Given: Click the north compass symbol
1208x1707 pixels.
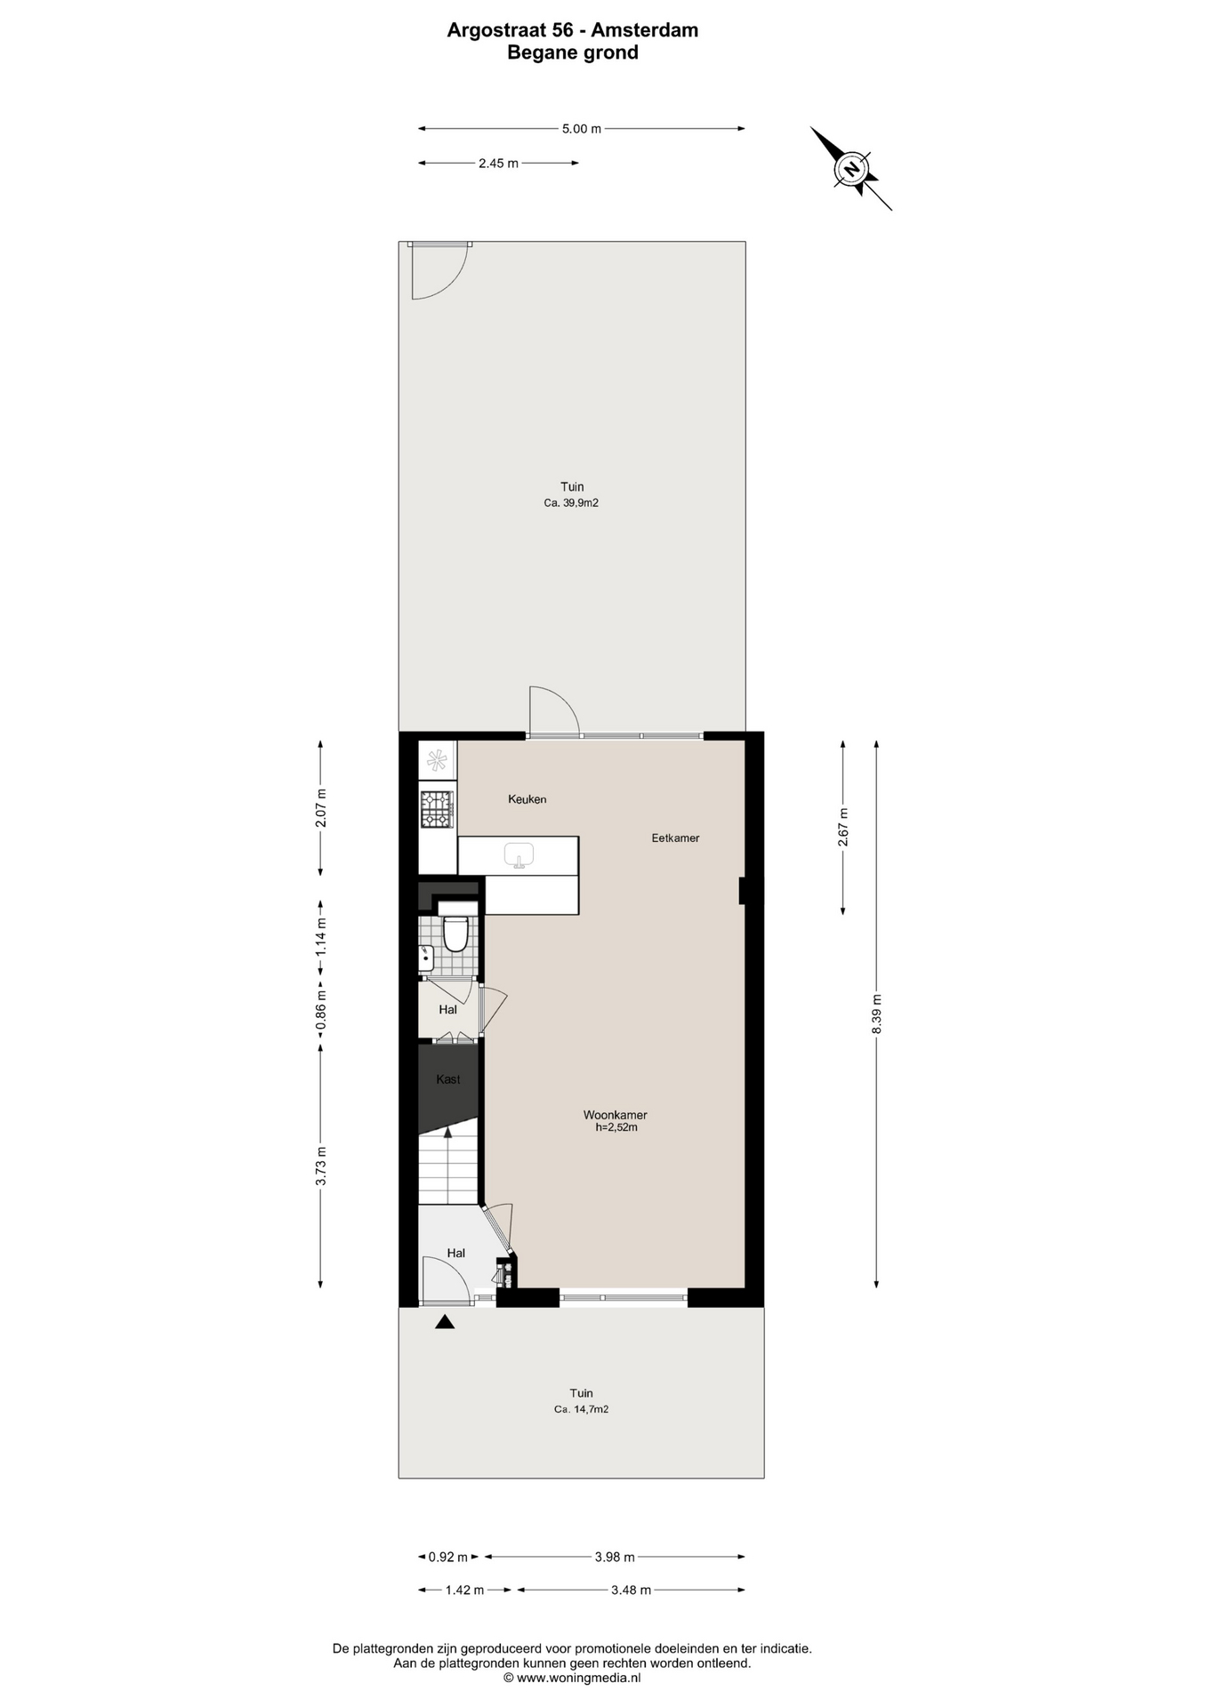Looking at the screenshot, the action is point(851,168).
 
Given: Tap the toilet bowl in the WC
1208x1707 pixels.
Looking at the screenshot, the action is point(455,934).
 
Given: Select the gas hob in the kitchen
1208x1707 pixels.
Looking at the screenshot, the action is point(437,809).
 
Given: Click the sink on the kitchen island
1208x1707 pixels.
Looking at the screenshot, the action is point(519,855).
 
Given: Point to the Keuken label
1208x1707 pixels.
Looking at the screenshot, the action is point(527,799).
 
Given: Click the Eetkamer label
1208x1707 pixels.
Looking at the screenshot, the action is point(675,837).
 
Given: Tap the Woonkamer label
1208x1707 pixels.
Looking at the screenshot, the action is point(616,1115).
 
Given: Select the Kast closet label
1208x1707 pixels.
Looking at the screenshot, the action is point(448,1079).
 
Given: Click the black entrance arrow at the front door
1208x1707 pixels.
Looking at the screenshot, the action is point(445,1323).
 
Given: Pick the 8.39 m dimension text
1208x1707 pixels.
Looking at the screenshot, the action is point(876,1014).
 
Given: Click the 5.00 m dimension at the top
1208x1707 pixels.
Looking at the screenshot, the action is point(582,129).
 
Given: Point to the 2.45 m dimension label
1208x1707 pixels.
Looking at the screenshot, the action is point(498,163).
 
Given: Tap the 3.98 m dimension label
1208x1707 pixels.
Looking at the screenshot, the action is point(615,1557).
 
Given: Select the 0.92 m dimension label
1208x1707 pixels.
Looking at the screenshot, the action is point(448,1557).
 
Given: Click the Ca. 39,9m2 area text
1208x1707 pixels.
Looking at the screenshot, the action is point(572,503).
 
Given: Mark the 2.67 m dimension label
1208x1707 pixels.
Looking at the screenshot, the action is point(843,827).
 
